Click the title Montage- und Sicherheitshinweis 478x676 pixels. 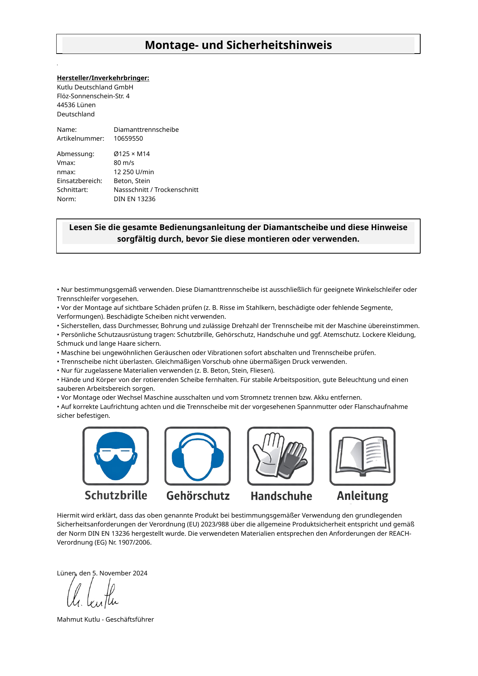tap(238, 45)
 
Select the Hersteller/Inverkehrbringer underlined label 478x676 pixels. tap(103, 78)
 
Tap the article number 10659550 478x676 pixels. tap(128, 138)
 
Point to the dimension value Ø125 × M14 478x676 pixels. tap(132, 154)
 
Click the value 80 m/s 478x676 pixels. tap(124, 163)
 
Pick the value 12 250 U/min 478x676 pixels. tap(134, 172)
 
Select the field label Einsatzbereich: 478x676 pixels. tap(80, 181)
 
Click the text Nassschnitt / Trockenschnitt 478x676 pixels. tap(156, 190)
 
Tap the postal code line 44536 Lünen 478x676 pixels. tap(76, 105)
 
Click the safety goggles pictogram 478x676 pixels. tap(116, 456)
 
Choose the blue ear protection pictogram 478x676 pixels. tap(198, 456)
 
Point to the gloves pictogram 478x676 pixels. tap(280, 456)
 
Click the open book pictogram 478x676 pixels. tap(362, 456)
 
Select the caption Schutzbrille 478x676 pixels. tap(116, 496)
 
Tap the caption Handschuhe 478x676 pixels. tap(281, 496)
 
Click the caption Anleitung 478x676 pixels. tap(362, 496)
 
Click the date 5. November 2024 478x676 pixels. tap(120, 573)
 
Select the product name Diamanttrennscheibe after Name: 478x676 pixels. tap(146, 129)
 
